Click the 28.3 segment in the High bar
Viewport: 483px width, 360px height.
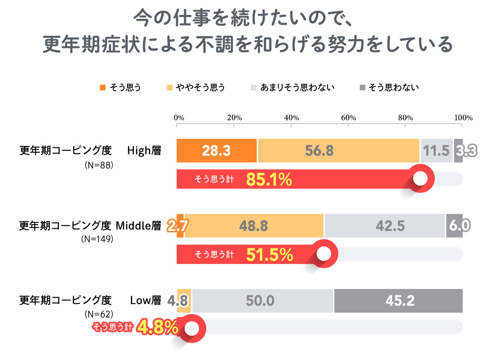(216, 150)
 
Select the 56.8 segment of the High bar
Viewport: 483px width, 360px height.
(338, 150)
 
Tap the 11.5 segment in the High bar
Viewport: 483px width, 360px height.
(437, 150)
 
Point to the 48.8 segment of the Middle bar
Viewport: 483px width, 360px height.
(254, 226)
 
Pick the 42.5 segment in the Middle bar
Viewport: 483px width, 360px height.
(384, 226)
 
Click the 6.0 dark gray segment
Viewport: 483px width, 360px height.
(455, 226)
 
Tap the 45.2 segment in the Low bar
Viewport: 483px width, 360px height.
(398, 301)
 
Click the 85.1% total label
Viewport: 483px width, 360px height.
(269, 180)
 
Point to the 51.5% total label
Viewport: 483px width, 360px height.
(269, 254)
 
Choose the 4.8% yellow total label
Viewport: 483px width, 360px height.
(158, 328)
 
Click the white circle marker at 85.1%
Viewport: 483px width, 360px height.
(421, 178)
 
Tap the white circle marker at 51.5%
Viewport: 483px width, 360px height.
(325, 253)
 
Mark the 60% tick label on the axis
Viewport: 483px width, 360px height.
(348, 117)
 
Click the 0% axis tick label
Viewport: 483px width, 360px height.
(179, 117)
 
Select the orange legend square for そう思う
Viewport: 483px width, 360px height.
(102, 87)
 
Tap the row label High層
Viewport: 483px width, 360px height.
(144, 150)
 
